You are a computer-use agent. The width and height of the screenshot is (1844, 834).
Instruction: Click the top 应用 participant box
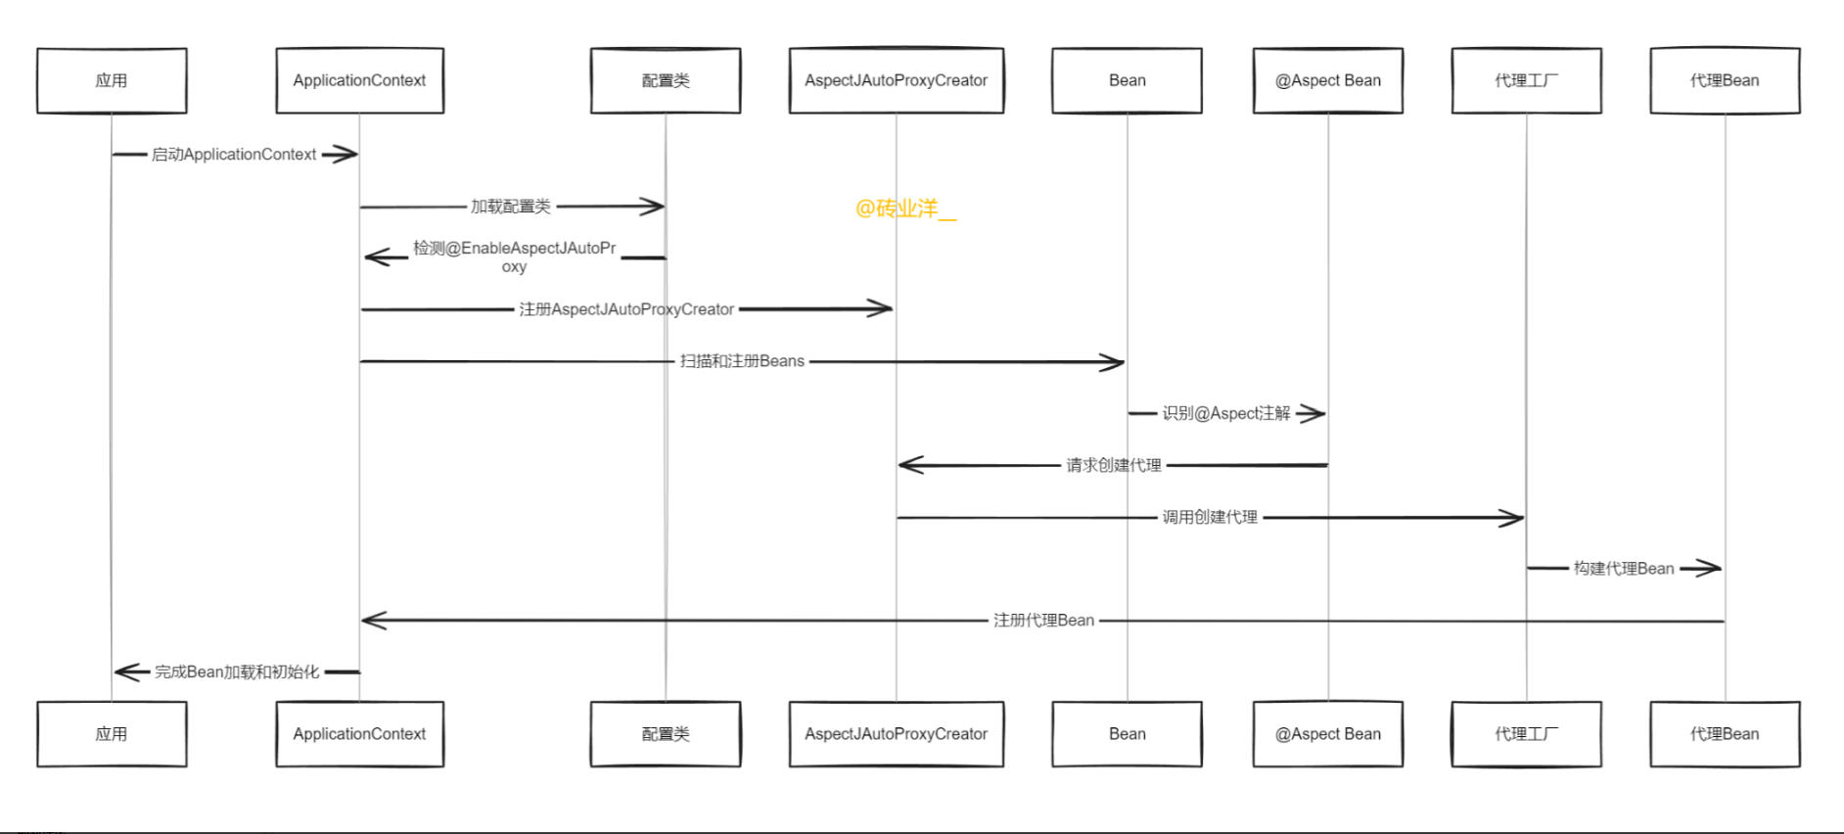pyautogui.click(x=112, y=80)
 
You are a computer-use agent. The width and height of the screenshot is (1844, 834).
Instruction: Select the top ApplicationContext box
pyautogui.click(x=359, y=80)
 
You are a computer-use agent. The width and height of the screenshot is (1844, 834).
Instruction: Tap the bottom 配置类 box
pyautogui.click(x=666, y=733)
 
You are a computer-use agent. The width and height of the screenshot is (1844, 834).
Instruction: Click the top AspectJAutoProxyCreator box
pyautogui.click(x=896, y=80)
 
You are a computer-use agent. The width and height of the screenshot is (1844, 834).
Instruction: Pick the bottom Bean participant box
pyautogui.click(x=1127, y=733)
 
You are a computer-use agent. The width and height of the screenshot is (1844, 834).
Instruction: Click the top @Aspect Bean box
pyautogui.click(x=1327, y=80)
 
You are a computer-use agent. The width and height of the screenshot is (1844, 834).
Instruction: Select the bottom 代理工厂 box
pyautogui.click(x=1526, y=733)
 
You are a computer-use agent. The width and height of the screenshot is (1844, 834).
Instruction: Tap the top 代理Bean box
pyautogui.click(x=1725, y=80)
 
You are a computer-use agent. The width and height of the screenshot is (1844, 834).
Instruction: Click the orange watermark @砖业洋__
pyautogui.click(x=905, y=208)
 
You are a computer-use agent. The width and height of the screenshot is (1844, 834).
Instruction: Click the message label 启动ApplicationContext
pyautogui.click(x=234, y=155)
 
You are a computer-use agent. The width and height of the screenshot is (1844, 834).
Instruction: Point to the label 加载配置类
pyautogui.click(x=511, y=207)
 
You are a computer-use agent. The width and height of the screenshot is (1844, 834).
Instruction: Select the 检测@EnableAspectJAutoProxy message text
pyautogui.click(x=514, y=256)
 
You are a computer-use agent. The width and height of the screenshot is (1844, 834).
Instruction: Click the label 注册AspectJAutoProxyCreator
pyautogui.click(x=626, y=309)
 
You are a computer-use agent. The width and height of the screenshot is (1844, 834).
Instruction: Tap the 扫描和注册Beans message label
pyautogui.click(x=742, y=361)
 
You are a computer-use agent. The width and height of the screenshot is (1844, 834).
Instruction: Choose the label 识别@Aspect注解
pyautogui.click(x=1226, y=413)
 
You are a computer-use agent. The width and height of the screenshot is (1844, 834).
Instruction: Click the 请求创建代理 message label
pyautogui.click(x=1114, y=465)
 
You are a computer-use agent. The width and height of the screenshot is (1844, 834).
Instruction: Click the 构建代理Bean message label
pyautogui.click(x=1624, y=569)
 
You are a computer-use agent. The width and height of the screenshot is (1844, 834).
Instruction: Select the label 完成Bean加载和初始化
pyautogui.click(x=237, y=672)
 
